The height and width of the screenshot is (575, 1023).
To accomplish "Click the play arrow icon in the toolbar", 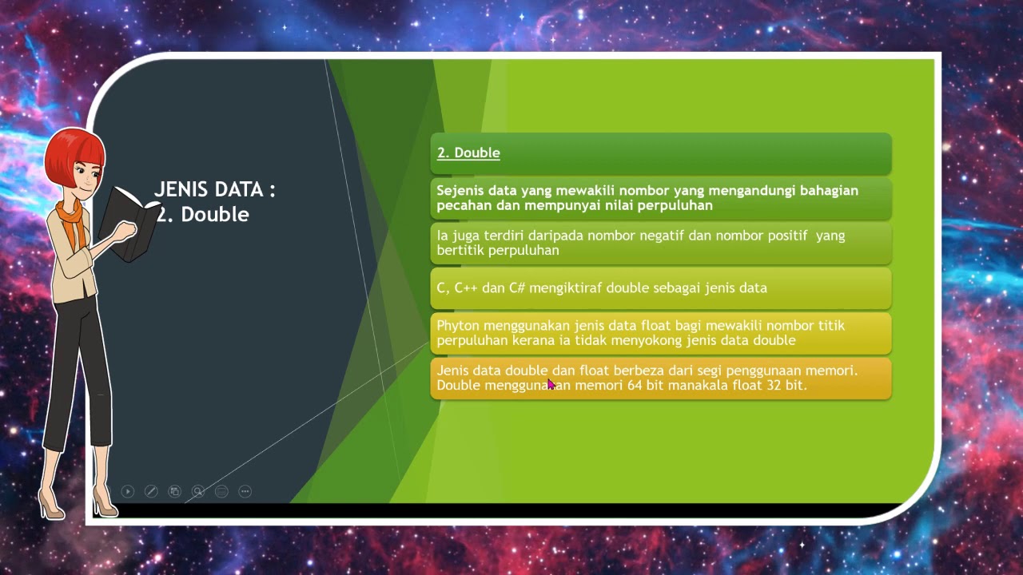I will pos(128,491).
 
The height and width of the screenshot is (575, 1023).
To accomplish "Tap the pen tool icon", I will pos(151,491).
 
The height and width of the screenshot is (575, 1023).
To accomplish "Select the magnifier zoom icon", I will pos(198,491).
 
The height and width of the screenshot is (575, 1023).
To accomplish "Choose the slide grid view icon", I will pos(174,491).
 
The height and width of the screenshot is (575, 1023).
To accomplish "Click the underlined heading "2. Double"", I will pos(468,153).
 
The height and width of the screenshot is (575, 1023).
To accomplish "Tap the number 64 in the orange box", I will pos(635,385).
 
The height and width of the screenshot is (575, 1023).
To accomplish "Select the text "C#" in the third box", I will pos(517,287).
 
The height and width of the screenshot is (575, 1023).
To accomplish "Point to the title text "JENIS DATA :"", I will pos(214,189).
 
